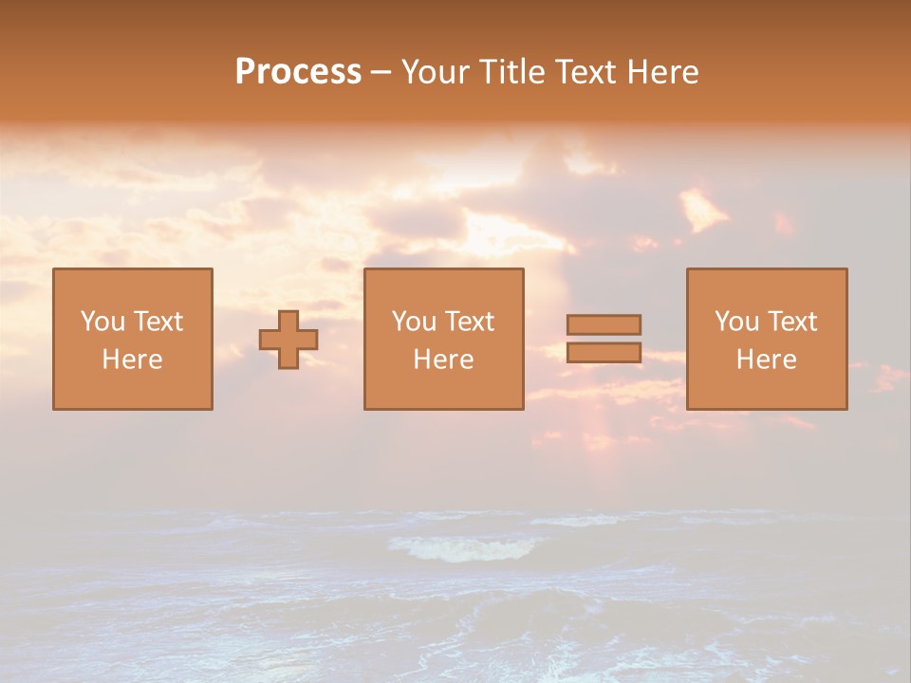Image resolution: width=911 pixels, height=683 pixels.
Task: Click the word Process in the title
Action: pyautogui.click(x=298, y=72)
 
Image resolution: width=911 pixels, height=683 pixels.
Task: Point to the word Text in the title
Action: pyautogui.click(x=582, y=72)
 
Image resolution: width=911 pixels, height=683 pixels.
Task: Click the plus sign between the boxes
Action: pyautogui.click(x=288, y=340)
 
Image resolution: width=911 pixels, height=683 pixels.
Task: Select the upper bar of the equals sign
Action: pyautogui.click(x=604, y=324)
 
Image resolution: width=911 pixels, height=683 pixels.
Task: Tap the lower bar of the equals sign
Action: pyautogui.click(x=604, y=352)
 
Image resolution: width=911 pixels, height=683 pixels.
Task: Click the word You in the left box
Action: pyautogui.click(x=102, y=322)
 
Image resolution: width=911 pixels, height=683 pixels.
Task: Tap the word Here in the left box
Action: pyautogui.click(x=132, y=360)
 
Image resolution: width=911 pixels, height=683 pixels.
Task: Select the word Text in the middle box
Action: pyautogui.click(x=469, y=322)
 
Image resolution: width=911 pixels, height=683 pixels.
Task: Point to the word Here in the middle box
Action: pyautogui.click(x=443, y=360)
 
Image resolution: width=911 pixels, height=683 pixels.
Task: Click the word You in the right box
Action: pyautogui.click(x=736, y=322)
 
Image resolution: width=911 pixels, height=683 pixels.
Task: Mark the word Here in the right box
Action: pyautogui.click(x=767, y=360)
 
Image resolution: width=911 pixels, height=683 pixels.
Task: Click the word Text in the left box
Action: pyautogui.click(x=158, y=322)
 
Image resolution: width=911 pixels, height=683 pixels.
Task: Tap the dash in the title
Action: pyautogui.click(x=381, y=73)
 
